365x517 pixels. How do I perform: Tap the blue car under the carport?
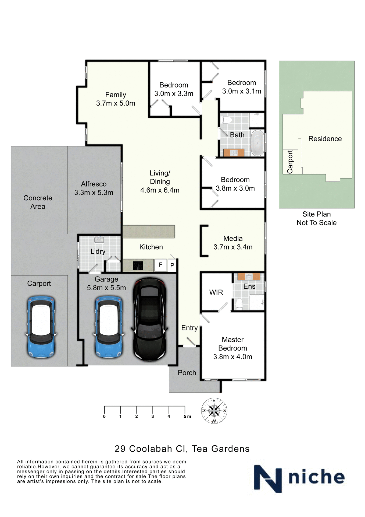(41, 326)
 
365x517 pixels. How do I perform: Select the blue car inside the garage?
(109, 326)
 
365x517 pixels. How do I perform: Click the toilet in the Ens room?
(239, 304)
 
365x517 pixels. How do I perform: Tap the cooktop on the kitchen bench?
(138, 266)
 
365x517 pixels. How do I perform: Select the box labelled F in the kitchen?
(160, 265)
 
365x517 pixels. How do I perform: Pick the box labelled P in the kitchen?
(172, 266)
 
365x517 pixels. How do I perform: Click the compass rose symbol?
(214, 411)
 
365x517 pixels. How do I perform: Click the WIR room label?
(216, 292)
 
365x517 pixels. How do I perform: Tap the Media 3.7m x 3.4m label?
(233, 243)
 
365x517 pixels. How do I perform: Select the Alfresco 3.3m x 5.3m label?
(94, 188)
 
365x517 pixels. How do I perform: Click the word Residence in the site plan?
(325, 139)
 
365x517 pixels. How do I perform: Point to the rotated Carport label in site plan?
(290, 162)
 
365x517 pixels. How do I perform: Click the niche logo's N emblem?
(268, 479)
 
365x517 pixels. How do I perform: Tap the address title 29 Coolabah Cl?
(182, 449)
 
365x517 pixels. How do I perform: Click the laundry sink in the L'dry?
(99, 239)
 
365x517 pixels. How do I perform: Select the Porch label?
(187, 373)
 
